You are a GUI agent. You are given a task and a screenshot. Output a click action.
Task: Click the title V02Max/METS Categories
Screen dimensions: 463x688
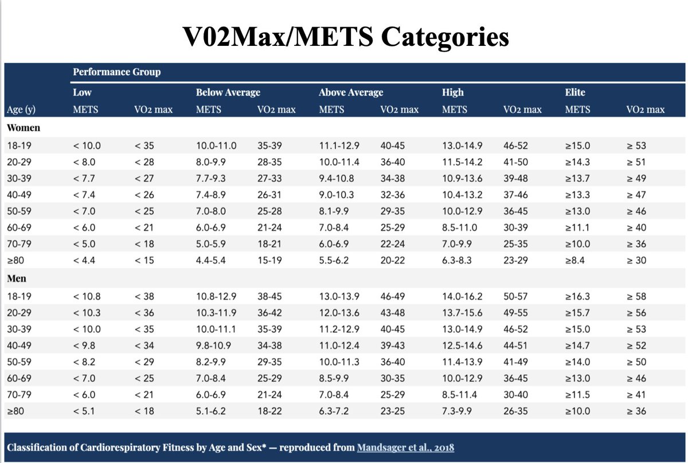[x=346, y=37]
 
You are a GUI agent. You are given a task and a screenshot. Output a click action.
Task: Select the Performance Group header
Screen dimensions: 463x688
[x=116, y=72]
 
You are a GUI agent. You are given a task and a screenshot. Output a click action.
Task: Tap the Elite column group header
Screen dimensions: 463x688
[x=575, y=92]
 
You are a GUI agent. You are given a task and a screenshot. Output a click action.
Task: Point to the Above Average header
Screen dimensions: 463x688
[x=351, y=92]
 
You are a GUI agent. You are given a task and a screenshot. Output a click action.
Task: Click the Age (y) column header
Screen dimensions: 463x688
[x=21, y=109]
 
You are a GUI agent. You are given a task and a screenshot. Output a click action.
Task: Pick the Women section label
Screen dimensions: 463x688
[x=24, y=128]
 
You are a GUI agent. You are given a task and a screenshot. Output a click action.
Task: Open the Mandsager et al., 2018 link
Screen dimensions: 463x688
[x=405, y=447]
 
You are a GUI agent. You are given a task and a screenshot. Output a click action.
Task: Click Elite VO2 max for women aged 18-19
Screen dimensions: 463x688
[x=636, y=146]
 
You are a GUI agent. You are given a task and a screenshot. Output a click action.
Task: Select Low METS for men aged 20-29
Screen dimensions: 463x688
[x=87, y=313]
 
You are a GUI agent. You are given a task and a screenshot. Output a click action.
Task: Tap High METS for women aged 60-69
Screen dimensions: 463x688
[x=459, y=227]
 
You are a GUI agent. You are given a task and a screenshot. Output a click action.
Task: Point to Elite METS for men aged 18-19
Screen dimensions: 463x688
[x=578, y=296]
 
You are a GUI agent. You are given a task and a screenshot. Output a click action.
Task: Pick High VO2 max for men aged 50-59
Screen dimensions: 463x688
[x=514, y=362]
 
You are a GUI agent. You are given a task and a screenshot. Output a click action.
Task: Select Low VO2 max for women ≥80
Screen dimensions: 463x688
[x=144, y=260]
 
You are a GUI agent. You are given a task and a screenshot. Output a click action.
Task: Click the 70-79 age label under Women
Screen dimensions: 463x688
[x=20, y=244]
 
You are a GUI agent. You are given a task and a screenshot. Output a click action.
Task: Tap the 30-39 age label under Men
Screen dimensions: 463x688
[x=20, y=329]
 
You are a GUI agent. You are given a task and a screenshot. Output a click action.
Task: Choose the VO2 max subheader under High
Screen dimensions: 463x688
[x=522, y=109]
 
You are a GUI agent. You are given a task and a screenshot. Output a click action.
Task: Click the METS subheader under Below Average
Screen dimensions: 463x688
[x=209, y=109]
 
